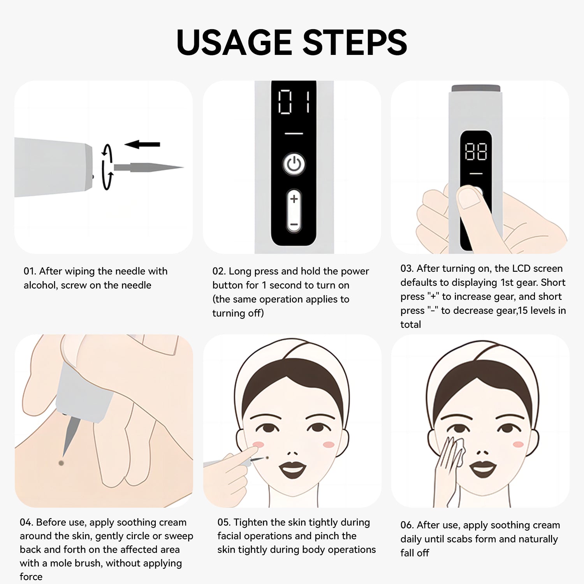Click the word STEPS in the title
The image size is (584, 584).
coord(354,43)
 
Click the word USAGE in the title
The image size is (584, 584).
coord(234,43)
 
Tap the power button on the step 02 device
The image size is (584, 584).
coord(294,164)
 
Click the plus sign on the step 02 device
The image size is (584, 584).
coord(294,199)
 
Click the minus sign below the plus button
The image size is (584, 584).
coord(294,225)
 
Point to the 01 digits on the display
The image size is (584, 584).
coord(294,102)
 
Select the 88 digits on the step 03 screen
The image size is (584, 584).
coord(476,152)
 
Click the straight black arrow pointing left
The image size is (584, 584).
coord(142,144)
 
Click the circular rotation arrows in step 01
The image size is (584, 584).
coord(107,167)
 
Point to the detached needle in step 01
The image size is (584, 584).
coord(148,167)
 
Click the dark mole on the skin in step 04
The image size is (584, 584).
coord(61,463)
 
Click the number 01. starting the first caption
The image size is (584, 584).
coord(30,271)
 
